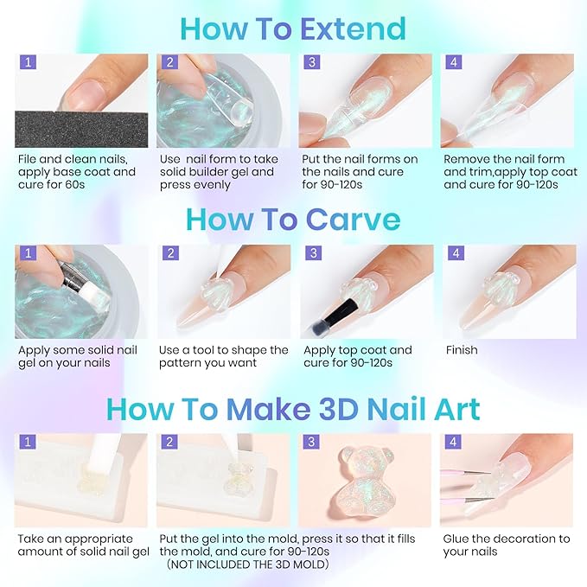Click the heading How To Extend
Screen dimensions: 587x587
click(x=293, y=29)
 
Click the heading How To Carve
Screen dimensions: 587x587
click(x=293, y=219)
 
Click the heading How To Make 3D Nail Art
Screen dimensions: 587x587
click(x=293, y=408)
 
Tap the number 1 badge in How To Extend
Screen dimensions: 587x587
click(x=28, y=63)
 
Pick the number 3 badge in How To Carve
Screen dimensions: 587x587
click(x=311, y=253)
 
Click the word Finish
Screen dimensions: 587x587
click(x=463, y=350)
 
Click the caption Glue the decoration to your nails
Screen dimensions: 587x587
click(x=507, y=545)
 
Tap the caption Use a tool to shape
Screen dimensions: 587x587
click(x=223, y=356)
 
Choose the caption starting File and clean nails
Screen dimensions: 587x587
click(x=76, y=171)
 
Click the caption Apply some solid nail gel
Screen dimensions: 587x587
click(x=78, y=356)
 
